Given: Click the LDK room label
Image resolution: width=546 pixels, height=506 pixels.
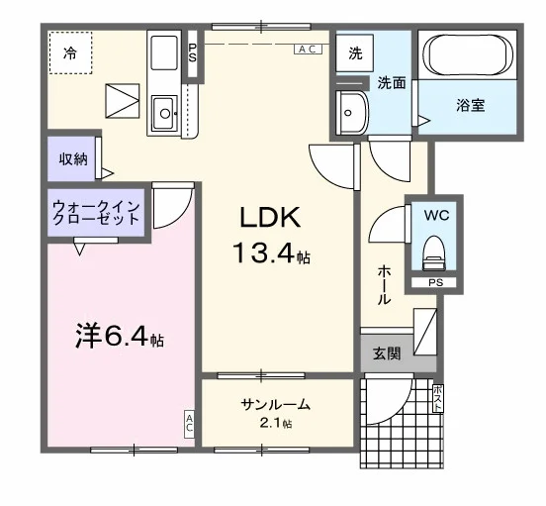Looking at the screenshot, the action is [x=270, y=218].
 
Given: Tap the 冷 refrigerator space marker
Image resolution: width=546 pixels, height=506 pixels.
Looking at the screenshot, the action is [x=70, y=52].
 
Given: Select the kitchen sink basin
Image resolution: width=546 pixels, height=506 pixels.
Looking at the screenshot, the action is [x=164, y=112].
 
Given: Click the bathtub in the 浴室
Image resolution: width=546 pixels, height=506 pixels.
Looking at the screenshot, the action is [x=468, y=54].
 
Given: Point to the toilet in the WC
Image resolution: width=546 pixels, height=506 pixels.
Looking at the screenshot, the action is [x=434, y=253].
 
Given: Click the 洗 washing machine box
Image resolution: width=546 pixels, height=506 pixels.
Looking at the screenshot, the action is [x=355, y=53].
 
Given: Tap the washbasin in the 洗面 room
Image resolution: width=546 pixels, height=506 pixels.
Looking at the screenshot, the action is [x=352, y=113].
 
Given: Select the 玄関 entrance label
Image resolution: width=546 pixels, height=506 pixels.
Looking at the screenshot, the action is [x=387, y=354].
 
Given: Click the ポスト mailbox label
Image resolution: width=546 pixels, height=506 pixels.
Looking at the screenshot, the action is [x=438, y=398].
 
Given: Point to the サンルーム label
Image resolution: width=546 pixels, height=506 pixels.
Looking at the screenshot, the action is [x=275, y=405].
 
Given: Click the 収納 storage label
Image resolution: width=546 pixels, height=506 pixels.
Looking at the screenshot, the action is [x=73, y=159].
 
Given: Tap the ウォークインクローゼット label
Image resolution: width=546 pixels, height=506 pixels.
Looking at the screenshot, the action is [x=96, y=213].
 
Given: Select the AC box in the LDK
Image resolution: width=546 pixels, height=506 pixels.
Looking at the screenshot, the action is [x=309, y=50].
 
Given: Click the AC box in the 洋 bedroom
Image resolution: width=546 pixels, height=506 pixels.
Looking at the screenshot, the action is [x=189, y=424].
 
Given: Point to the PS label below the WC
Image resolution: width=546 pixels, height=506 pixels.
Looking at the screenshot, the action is [x=435, y=282].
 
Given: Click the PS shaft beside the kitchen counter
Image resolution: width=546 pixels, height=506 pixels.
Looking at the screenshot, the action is [x=193, y=53].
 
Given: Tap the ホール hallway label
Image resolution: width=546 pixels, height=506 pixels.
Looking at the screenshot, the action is [x=384, y=285].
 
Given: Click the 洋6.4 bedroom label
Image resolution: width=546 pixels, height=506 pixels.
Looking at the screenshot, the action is [x=120, y=336].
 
